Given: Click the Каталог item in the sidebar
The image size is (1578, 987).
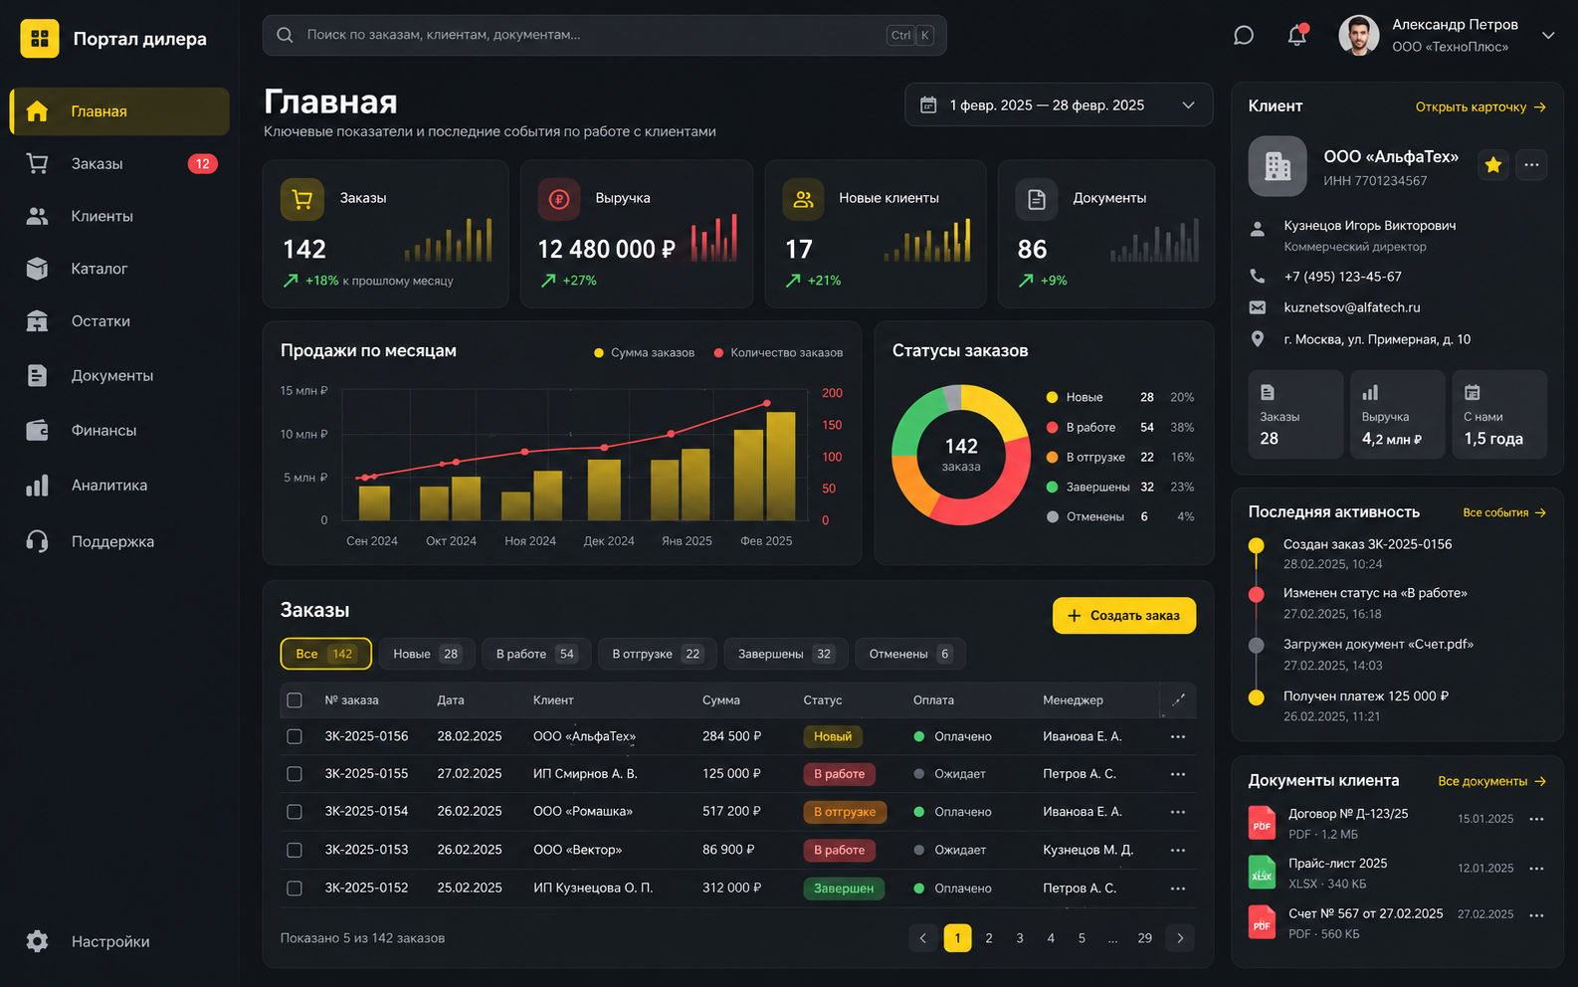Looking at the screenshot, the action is click(x=99, y=269).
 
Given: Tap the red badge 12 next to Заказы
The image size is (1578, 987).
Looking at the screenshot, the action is click(x=202, y=163).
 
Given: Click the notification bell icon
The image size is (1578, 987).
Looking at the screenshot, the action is click(x=1296, y=35).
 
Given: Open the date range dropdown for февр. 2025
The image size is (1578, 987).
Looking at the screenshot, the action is click(x=1058, y=105).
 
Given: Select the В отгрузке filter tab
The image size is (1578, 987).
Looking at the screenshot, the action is click(x=657, y=654).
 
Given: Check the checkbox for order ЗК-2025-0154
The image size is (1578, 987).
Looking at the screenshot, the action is click(x=295, y=812).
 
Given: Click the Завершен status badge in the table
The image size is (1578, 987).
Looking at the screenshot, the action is click(x=844, y=888).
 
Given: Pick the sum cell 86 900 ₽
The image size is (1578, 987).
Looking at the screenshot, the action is click(x=727, y=850).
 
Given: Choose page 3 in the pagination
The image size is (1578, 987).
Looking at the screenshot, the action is click(x=1020, y=937).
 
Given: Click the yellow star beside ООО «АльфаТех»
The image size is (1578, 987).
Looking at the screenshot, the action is click(x=1492, y=165).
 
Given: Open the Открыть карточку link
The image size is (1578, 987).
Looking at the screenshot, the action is click(x=1480, y=107).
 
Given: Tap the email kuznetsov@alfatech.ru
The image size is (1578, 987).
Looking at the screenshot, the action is click(x=1352, y=307).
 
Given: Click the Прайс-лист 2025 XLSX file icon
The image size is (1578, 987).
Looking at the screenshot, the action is click(x=1262, y=873).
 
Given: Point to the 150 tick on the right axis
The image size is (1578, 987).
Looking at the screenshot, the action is click(x=832, y=425).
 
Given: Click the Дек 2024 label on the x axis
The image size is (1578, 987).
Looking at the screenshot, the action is click(x=609, y=541).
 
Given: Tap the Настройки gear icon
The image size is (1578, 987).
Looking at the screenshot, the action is click(x=37, y=941).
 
